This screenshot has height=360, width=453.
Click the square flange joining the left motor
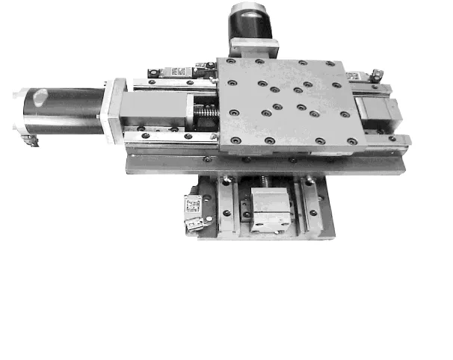pyautogui.click(x=113, y=110)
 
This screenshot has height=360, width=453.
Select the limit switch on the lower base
pyautogui.click(x=194, y=211)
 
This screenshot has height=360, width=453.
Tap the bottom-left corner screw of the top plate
pyautogui.click(x=235, y=140)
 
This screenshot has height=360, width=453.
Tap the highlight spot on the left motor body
pyautogui.click(x=40, y=95)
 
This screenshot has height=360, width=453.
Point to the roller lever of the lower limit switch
pyautogui.click(x=196, y=224)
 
